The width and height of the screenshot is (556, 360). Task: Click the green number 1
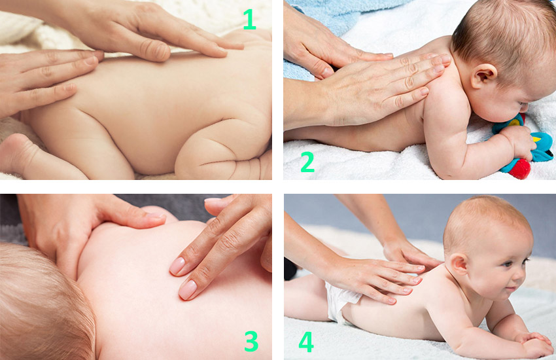250,19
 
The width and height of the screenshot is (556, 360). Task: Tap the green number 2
307,162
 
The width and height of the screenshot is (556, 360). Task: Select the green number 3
251,341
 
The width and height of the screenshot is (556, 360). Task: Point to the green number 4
306,342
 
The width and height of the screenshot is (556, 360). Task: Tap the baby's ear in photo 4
459,264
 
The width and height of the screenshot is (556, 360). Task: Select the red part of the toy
520,168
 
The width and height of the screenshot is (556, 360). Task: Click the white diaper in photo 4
339,301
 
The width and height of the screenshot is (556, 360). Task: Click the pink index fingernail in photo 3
188,289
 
